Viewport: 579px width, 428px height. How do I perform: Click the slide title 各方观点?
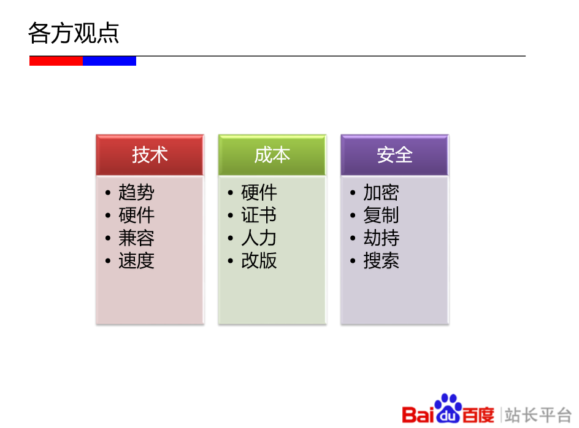(x=74, y=33)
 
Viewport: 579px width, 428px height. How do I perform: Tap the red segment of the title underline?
(x=56, y=61)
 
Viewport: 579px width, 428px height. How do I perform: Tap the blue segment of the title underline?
(x=109, y=61)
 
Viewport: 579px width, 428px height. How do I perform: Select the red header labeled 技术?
(x=150, y=155)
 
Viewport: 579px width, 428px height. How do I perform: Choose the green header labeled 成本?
(x=272, y=155)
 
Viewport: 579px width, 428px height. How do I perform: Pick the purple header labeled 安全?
(x=394, y=155)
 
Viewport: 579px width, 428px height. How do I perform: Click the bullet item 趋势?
(x=136, y=193)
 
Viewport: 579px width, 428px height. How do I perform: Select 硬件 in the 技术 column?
(x=136, y=216)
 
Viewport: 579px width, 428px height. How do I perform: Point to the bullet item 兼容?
(x=136, y=238)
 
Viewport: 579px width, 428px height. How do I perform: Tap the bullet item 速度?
(x=136, y=261)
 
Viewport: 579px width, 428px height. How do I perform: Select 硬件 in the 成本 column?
(x=259, y=193)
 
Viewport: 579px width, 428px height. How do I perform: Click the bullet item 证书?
(x=259, y=216)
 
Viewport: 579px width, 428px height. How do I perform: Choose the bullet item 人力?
(x=259, y=238)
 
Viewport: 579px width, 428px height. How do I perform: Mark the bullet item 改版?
(x=259, y=261)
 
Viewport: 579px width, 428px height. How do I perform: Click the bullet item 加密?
(x=381, y=193)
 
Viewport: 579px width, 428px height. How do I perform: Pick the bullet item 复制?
(x=381, y=216)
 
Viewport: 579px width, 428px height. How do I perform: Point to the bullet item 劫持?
(x=381, y=238)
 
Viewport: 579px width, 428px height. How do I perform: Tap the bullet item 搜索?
(x=381, y=261)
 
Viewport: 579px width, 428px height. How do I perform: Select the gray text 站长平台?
(x=538, y=414)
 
